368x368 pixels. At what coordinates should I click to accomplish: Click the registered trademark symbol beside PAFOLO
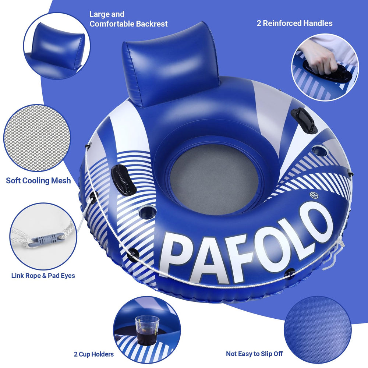(314, 195)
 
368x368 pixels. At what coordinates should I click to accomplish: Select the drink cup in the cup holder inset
(147, 330)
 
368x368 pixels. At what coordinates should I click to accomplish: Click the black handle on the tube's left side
(123, 180)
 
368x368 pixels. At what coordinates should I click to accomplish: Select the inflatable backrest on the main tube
(171, 64)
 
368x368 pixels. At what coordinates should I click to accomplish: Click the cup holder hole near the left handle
(148, 212)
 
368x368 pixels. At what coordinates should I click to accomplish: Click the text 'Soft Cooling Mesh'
(38, 180)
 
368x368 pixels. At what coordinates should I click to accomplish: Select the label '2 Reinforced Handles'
(294, 23)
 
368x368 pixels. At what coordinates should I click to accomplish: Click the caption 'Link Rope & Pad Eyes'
(43, 276)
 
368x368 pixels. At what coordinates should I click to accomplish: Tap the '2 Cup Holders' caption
(93, 354)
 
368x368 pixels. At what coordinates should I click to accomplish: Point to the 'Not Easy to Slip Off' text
(254, 354)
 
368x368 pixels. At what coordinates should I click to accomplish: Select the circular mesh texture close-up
(37, 138)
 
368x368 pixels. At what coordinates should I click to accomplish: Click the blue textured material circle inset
(318, 330)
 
